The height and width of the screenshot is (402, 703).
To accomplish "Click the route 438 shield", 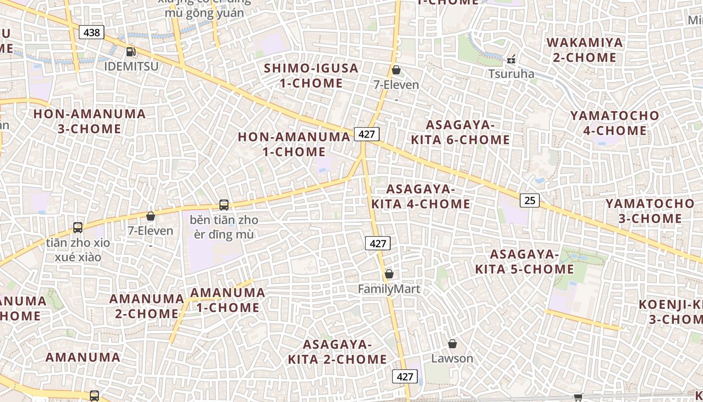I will (91, 33).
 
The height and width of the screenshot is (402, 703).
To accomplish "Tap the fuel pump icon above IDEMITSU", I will (131, 51).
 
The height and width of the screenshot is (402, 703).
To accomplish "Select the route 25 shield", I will (529, 200).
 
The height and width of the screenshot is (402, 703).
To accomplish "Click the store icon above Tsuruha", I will (511, 59).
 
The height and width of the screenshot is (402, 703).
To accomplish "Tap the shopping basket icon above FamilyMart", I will (389, 274).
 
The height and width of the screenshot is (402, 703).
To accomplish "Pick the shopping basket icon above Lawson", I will (452, 344).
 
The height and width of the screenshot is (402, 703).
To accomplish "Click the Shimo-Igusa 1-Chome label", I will (311, 75).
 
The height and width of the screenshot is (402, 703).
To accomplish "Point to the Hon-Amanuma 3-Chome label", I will (89, 121).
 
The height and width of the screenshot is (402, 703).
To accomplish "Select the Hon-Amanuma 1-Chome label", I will (294, 144).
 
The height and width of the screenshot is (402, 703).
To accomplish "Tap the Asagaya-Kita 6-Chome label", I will (460, 132).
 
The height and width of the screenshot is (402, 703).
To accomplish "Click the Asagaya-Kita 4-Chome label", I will (421, 196).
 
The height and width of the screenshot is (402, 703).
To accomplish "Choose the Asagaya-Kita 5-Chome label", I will (524, 262).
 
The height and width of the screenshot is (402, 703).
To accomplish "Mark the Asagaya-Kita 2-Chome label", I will (337, 352).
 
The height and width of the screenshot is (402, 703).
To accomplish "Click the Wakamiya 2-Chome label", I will (584, 50).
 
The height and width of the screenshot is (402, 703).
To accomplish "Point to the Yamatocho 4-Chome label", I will (615, 123).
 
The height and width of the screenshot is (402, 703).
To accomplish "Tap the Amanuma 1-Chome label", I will (227, 300).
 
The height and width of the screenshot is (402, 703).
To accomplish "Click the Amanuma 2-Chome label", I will (147, 306).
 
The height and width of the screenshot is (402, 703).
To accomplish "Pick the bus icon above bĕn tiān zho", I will (224, 205).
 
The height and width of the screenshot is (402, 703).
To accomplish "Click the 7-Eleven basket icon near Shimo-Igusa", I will (396, 70).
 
